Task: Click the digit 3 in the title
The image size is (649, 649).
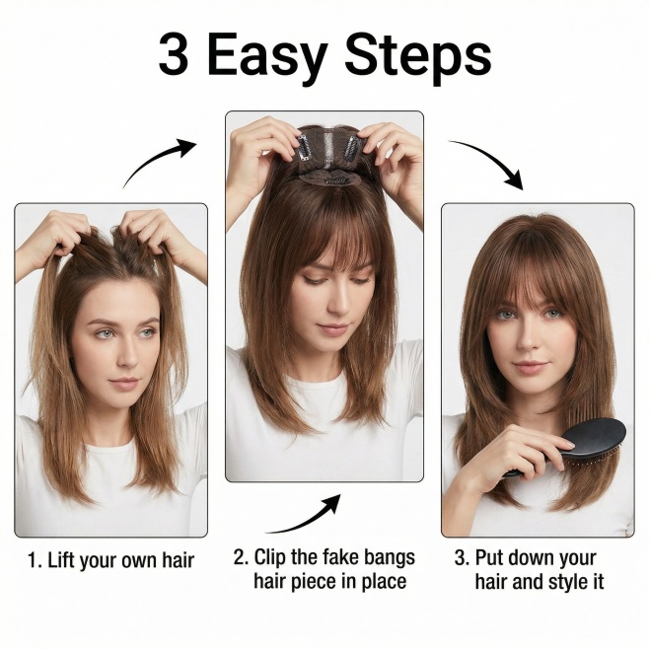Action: click(x=174, y=54)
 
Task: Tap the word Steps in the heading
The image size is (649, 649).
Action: click(x=418, y=59)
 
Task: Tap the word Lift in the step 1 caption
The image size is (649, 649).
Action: click(x=62, y=560)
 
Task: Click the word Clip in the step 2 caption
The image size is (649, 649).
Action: click(x=269, y=557)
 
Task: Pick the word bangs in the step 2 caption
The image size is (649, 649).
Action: click(x=388, y=558)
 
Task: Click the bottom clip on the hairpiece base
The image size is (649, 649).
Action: click(x=336, y=180)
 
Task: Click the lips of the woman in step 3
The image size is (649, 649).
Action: click(x=528, y=367)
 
